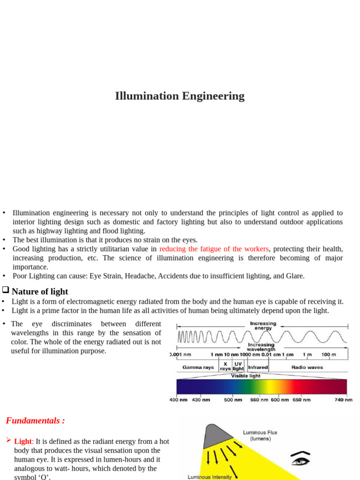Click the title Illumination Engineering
tap(180, 96)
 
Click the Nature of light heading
tap(40, 292)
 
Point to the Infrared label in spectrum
tap(258, 367)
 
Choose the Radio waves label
tap(307, 367)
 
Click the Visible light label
tap(246, 376)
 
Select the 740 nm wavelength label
tap(344, 400)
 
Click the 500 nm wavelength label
tap(232, 400)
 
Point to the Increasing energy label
tap(263, 326)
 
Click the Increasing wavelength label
tap(261, 347)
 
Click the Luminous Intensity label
tap(210, 477)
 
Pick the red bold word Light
tap(23, 442)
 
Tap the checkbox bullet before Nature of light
tap(6, 291)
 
